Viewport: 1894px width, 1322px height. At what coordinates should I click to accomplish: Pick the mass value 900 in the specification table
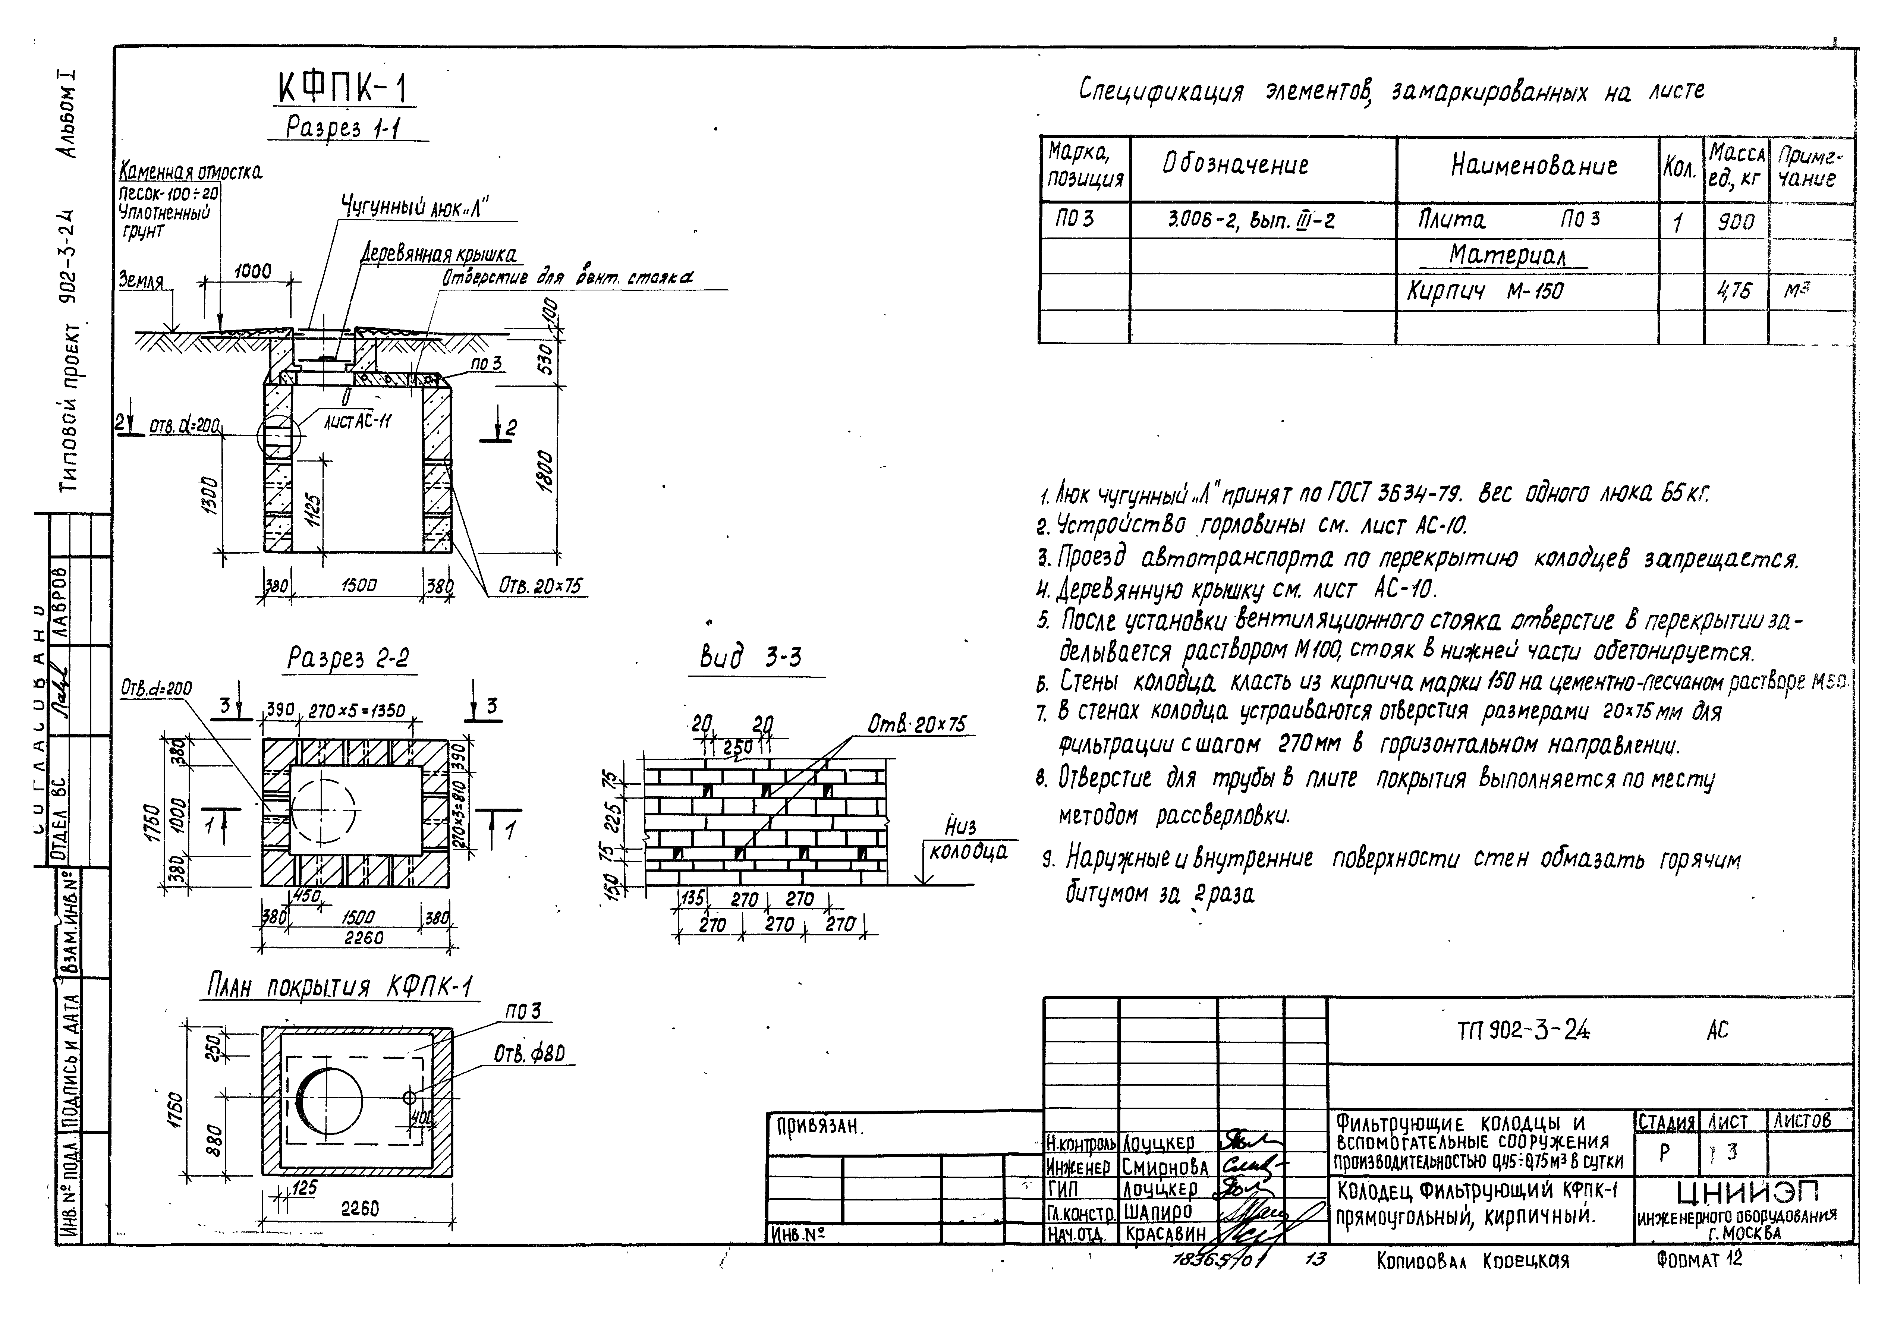[x=1735, y=221]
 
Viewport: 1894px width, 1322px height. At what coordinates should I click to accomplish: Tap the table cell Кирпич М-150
[x=1485, y=291]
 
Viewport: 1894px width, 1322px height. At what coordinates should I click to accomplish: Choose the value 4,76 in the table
[x=1735, y=291]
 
